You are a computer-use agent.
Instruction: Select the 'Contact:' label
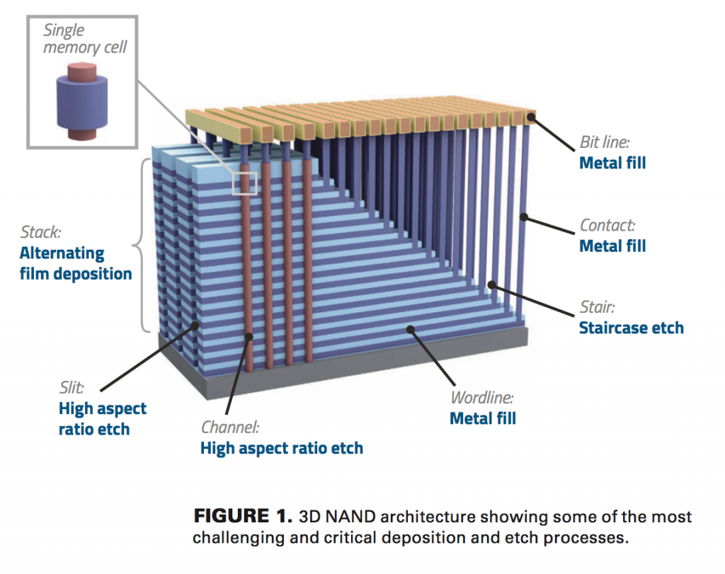point(607,226)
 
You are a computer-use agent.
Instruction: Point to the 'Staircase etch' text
point(631,328)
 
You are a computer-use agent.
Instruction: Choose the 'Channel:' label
point(229,427)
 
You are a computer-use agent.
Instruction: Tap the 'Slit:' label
point(72,388)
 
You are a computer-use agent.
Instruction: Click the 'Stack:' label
point(42,232)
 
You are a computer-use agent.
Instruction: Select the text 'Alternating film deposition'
point(75,263)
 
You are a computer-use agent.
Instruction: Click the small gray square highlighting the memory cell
point(244,182)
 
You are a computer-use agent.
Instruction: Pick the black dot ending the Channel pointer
point(249,338)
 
